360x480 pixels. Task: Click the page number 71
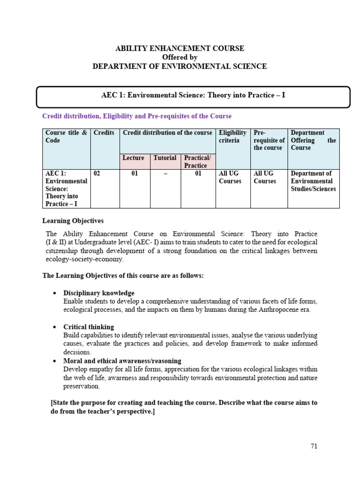click(314, 446)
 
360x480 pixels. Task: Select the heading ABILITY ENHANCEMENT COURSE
click(180, 48)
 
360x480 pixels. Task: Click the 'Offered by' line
click(180, 57)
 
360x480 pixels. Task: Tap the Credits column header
click(104, 133)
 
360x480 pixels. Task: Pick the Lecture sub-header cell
click(134, 158)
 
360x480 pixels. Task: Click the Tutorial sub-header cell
click(165, 158)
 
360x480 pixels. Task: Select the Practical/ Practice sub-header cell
click(197, 162)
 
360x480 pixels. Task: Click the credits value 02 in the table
click(97, 173)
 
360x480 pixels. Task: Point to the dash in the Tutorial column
click(165, 173)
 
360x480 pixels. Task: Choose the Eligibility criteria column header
click(232, 136)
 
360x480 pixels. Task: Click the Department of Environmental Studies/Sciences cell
click(313, 181)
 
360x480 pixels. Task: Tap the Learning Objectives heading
click(73, 221)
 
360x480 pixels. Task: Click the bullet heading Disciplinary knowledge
click(99, 293)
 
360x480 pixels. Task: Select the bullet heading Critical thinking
click(89, 327)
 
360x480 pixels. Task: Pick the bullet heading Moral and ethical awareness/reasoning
click(122, 360)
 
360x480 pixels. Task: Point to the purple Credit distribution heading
click(137, 116)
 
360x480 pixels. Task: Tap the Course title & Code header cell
click(66, 136)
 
